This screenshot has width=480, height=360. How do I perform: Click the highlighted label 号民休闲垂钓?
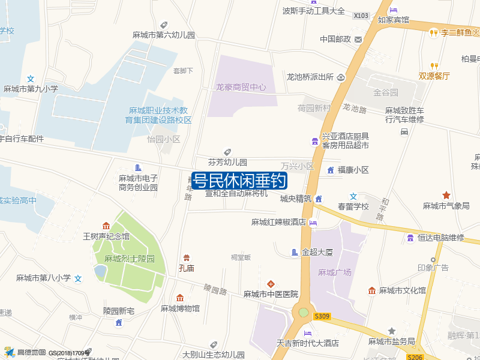tap(239, 181)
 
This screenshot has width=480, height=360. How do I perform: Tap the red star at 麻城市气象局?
tap(446, 195)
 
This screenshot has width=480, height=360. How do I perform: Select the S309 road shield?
tap(322, 316)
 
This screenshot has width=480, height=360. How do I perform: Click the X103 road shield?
tap(361, 16)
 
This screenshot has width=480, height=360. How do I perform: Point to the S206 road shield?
tap(415, 357)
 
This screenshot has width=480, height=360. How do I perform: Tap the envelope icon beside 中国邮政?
tap(358, 40)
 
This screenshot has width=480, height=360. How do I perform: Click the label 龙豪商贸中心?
tap(241, 87)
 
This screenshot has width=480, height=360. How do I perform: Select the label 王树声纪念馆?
tap(106, 236)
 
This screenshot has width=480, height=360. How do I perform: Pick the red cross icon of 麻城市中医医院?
tap(271, 283)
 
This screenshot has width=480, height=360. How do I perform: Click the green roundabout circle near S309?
tap(304, 313)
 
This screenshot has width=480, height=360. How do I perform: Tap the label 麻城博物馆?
tap(180, 308)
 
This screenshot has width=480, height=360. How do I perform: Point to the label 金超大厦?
tap(317, 253)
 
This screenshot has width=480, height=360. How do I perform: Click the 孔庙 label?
tap(187, 268)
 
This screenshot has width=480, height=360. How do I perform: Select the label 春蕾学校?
tap(353, 206)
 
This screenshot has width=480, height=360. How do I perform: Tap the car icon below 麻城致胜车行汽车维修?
tap(404, 131)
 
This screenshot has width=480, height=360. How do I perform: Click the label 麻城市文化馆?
tap(402, 290)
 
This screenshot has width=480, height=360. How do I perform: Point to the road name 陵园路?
tap(215, 289)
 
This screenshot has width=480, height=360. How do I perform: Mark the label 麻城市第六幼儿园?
tap(164, 35)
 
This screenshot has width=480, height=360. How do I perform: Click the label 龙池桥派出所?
tap(310, 77)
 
